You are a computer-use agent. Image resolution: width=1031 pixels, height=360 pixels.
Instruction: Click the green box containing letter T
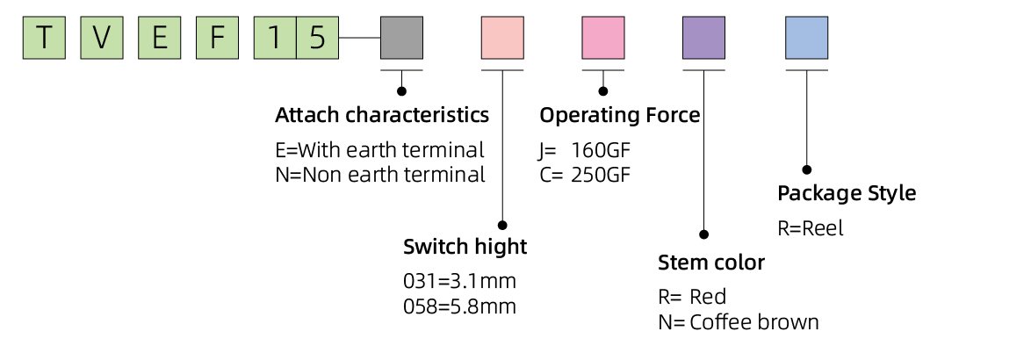coord(44,39)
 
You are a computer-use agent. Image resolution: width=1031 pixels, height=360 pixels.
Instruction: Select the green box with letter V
coord(102,39)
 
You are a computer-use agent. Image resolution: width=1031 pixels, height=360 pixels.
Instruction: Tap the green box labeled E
coord(160,39)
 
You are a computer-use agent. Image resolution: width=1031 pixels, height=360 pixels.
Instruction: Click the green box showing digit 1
coord(275,39)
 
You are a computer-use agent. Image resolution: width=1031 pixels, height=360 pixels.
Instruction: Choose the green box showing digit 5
coord(317,39)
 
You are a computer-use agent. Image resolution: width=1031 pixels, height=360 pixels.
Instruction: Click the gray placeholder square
coord(401,39)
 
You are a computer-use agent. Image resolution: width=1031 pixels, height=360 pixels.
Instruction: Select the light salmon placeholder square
coord(502,39)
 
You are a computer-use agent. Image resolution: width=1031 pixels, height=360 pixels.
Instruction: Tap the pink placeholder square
coord(603,39)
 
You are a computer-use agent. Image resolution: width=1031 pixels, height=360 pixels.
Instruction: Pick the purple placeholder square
coord(703,39)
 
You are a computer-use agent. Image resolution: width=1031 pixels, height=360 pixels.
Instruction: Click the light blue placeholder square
coord(806,39)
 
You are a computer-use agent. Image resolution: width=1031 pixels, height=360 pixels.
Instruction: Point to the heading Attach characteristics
coord(382,115)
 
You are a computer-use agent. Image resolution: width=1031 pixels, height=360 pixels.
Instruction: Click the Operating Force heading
coord(619,115)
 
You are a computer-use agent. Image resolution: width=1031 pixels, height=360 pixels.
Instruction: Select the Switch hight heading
coord(465,247)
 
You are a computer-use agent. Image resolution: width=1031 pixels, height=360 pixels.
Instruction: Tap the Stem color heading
coord(711,263)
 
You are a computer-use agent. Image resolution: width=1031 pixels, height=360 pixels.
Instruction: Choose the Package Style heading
coord(847,193)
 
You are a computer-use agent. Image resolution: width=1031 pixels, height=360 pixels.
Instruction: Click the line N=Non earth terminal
coord(380,175)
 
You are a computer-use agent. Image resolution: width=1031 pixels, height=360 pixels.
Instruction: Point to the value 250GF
coord(601,175)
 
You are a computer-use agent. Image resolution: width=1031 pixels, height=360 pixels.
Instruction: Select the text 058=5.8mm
coord(459,306)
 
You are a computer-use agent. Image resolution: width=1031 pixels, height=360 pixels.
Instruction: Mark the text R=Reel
coord(810,228)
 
